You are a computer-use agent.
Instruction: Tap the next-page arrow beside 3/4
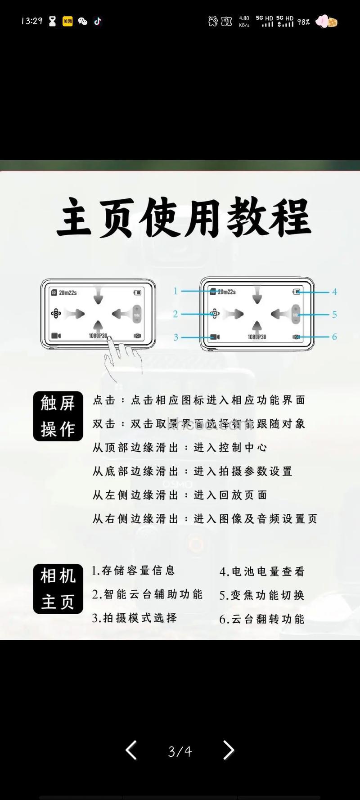[229, 750]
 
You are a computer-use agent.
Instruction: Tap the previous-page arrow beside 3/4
[131, 750]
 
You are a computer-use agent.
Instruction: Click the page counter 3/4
[180, 751]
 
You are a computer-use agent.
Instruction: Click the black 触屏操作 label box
[58, 416]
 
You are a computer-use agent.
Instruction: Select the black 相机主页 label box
[58, 589]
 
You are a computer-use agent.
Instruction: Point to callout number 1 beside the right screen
[175, 291]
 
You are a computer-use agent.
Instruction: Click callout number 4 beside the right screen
[334, 292]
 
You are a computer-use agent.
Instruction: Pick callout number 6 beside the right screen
[334, 337]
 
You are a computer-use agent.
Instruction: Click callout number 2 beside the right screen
[175, 314]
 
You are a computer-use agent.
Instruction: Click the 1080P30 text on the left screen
[98, 336]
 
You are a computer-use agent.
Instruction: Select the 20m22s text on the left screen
[67, 293]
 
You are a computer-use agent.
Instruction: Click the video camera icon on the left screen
[56, 336]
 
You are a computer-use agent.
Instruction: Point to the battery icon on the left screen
[137, 293]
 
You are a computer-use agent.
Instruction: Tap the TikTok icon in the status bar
[98, 21]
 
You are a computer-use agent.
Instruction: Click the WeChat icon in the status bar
[82, 21]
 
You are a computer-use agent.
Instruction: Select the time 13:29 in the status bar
[31, 21]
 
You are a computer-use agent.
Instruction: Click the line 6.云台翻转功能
[262, 619]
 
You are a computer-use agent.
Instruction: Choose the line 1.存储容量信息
[133, 571]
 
